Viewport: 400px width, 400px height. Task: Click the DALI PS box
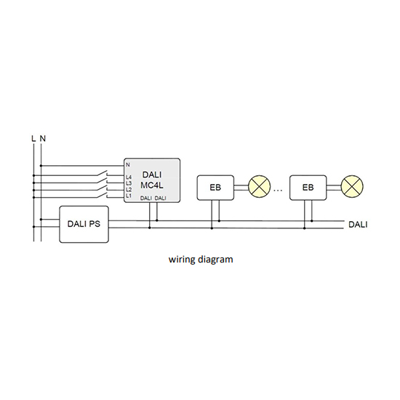click(x=84, y=224)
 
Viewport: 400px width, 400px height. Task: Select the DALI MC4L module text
click(x=152, y=180)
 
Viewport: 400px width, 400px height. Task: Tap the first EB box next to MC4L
click(x=215, y=188)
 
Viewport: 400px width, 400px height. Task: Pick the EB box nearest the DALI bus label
click(x=308, y=188)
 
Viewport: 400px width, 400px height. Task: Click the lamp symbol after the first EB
click(x=259, y=186)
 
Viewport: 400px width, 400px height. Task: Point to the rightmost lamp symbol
click(x=352, y=186)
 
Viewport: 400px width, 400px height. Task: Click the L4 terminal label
click(x=129, y=177)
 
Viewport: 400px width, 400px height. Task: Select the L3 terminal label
click(x=129, y=183)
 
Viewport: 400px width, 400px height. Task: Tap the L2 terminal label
click(x=129, y=190)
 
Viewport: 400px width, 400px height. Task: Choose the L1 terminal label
click(x=129, y=196)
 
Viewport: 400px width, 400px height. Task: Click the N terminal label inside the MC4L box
click(x=128, y=165)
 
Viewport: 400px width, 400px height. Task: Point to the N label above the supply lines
click(x=43, y=138)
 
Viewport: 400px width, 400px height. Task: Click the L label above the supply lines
click(x=33, y=138)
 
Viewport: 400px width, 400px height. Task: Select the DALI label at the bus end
click(x=358, y=225)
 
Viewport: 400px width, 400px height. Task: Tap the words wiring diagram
click(x=201, y=260)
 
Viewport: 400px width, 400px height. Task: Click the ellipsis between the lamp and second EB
click(x=278, y=190)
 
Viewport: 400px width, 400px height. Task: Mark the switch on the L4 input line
click(x=102, y=173)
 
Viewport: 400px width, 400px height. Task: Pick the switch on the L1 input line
click(x=102, y=195)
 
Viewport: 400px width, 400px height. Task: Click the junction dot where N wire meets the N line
click(x=41, y=166)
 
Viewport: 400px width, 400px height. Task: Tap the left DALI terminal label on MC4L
click(x=146, y=199)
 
